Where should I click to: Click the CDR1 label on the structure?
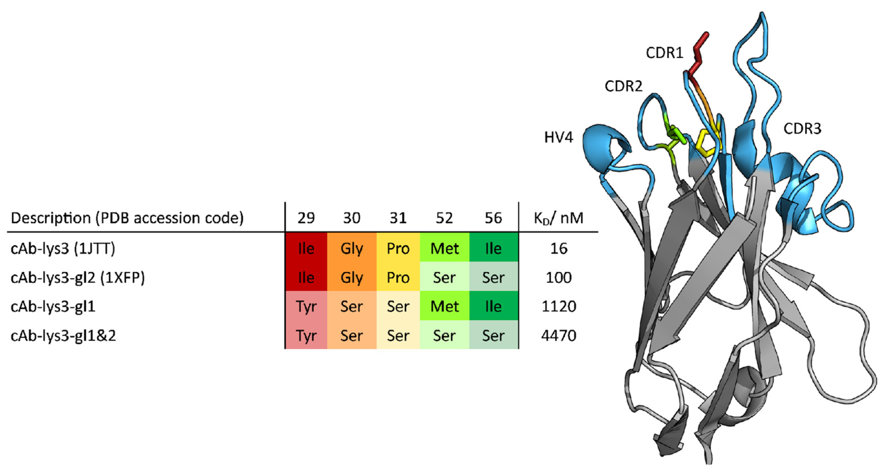[664, 53]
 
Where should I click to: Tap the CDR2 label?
[623, 86]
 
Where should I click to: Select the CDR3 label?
[802, 129]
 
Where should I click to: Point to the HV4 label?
[559, 137]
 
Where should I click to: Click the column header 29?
[306, 218]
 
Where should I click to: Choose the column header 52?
[444, 218]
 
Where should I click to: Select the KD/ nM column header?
[558, 218]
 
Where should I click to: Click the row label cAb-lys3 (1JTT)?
[63, 248]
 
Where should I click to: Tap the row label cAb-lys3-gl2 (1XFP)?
[78, 277]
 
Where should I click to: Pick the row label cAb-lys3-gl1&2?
[63, 335]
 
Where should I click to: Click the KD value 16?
[559, 248]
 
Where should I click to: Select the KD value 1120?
[559, 306]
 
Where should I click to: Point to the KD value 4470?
[559, 335]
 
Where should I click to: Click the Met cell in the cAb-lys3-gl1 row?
[444, 306]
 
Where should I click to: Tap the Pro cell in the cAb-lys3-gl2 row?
[398, 277]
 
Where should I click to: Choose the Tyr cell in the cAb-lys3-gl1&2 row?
[306, 335]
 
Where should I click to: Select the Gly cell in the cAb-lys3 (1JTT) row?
[351, 248]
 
